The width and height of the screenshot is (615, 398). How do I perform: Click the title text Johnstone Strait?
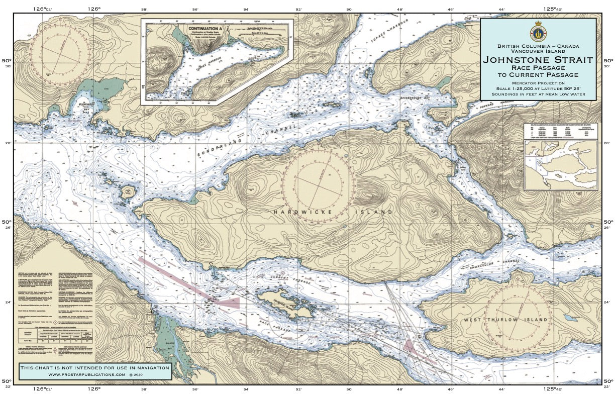pyautogui.click(x=538, y=60)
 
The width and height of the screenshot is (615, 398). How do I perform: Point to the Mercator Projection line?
pyautogui.click(x=538, y=83)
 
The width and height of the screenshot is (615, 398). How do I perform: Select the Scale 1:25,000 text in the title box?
pyautogui.click(x=538, y=88)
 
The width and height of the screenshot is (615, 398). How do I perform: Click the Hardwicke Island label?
pyautogui.click(x=333, y=213)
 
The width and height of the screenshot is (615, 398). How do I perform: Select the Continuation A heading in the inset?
pyautogui.click(x=204, y=29)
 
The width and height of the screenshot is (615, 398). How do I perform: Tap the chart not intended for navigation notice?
pyautogui.click(x=95, y=368)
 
